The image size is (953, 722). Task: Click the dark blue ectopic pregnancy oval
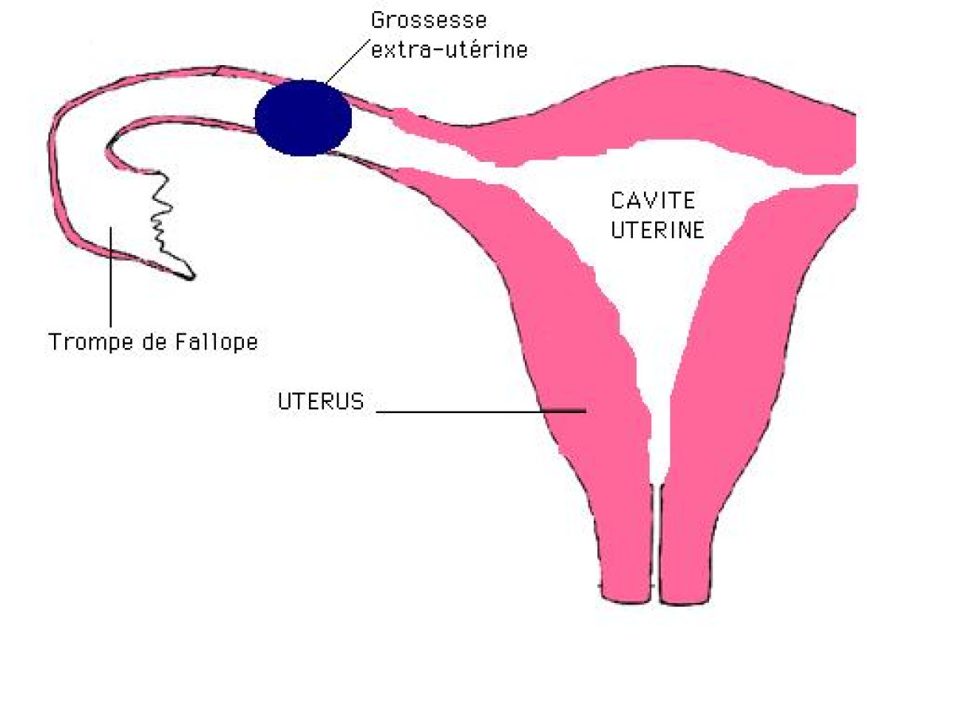tap(303, 117)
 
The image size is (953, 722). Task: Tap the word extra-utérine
tap(449, 50)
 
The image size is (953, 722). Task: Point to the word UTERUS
tap(321, 402)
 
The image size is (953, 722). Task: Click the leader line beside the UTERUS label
tap(476, 411)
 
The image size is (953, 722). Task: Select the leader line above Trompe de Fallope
tap(112, 278)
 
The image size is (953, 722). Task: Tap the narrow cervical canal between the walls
tap(656, 540)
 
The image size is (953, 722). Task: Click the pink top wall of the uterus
tap(635, 119)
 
